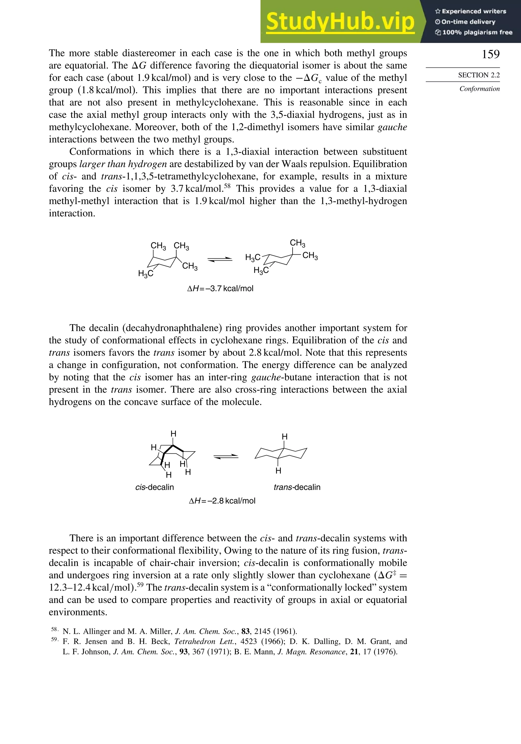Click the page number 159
point(490,54)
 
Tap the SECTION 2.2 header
point(479,75)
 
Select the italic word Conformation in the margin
point(479,89)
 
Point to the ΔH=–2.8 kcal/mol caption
point(222,501)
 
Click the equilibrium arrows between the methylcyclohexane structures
point(220,259)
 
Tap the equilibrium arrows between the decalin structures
point(226,457)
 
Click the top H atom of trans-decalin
point(285,437)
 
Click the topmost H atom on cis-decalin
point(173,434)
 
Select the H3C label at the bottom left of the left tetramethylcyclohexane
point(146,274)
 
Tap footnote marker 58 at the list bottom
point(54,629)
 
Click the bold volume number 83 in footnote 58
point(245,631)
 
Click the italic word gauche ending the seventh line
point(392,127)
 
